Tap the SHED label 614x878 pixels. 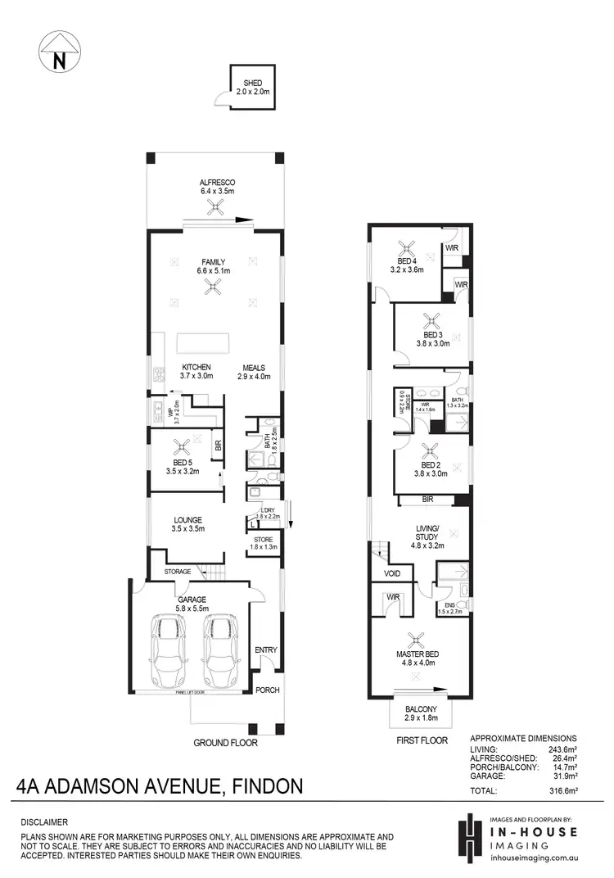coord(251,83)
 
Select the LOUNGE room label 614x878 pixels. coord(187,519)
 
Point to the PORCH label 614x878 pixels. coord(267,690)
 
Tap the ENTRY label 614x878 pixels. coord(266,650)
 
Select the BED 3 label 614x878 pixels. coord(433,335)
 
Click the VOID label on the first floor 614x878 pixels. coord(391,573)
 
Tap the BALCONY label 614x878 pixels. coord(421,708)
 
